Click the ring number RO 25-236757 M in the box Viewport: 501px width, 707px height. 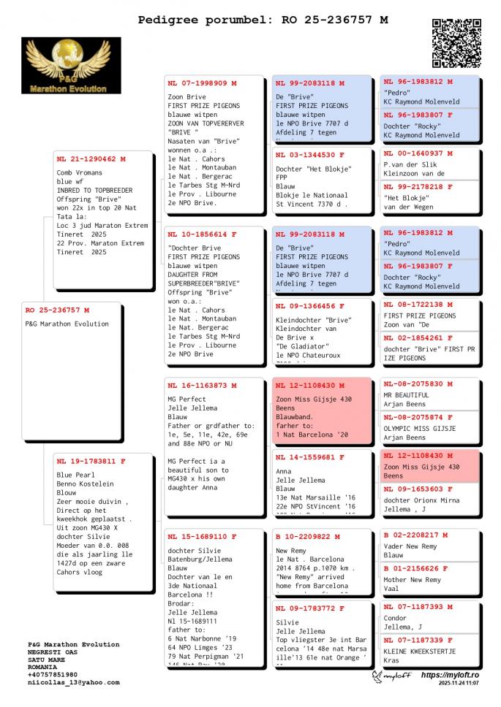click(57, 310)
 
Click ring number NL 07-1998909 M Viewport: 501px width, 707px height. click(202, 83)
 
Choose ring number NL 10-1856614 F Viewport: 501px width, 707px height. click(202, 234)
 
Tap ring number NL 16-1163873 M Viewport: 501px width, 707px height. click(202, 385)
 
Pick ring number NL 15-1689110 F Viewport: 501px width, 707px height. click(202, 537)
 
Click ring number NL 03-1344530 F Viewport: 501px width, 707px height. click(309, 155)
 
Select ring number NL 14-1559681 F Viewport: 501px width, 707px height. click(309, 457)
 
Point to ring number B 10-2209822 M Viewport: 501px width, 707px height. click(308, 536)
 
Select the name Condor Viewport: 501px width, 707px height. click(395, 618)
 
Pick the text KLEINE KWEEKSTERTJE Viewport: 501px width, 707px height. click(419, 651)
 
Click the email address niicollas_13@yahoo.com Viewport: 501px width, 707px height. click(73, 682)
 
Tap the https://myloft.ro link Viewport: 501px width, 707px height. click(449, 676)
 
